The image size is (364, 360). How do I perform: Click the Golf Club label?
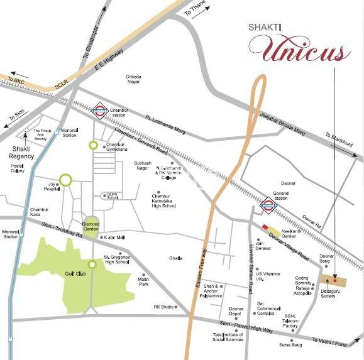click(x=74, y=275)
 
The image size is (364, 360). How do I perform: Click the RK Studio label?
click(x=163, y=307)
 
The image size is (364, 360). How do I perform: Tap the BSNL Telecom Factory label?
click(x=290, y=320)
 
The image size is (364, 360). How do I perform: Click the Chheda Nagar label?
click(x=133, y=80)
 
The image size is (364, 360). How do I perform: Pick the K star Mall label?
click(x=115, y=237)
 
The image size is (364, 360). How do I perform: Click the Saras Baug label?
click(x=291, y=344)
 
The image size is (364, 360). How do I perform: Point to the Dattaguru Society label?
click(x=328, y=293)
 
